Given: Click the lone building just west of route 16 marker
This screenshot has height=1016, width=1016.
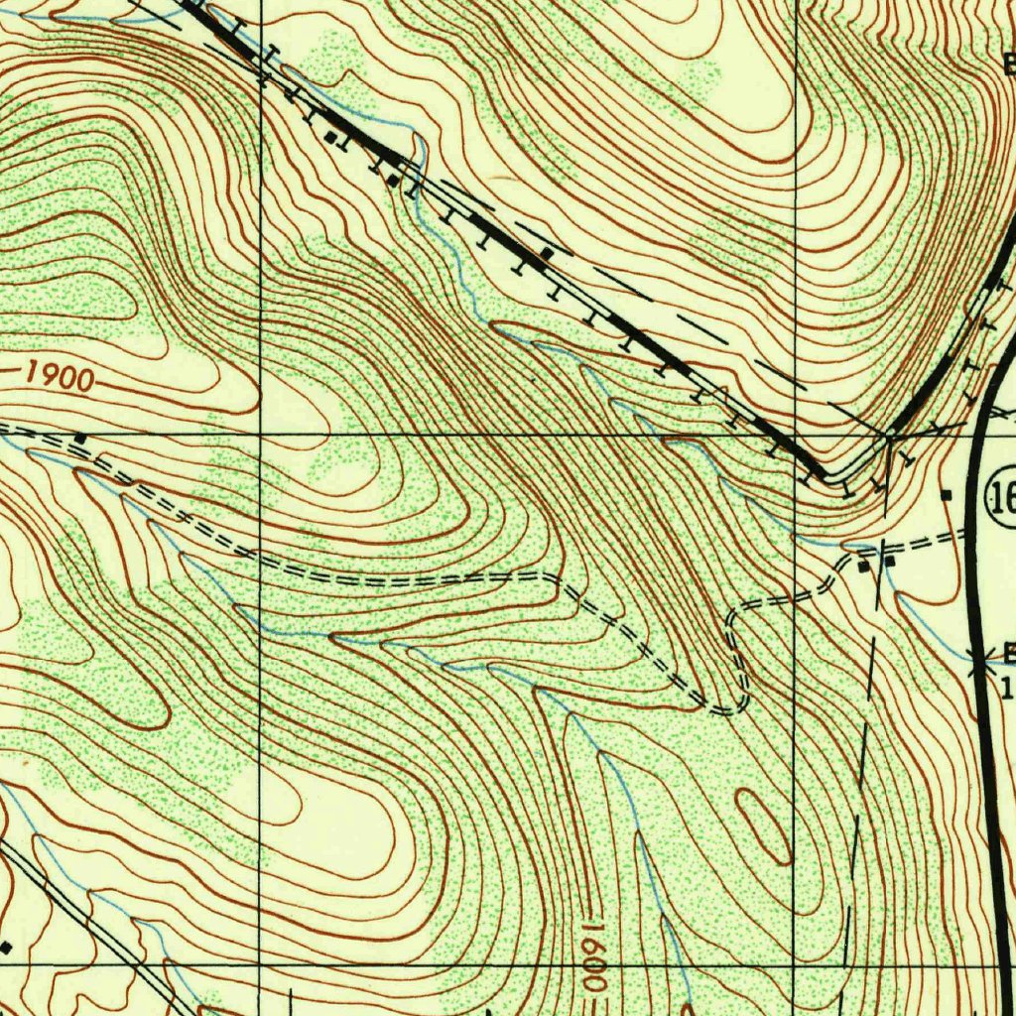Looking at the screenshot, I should (x=947, y=494).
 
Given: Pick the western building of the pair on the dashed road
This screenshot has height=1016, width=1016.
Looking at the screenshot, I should (x=864, y=566).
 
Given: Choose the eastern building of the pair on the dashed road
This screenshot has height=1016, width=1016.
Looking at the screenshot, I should (x=889, y=562).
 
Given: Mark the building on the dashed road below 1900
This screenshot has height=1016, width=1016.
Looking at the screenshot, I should (x=80, y=437).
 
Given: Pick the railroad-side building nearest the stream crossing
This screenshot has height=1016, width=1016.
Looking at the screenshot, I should (x=394, y=181).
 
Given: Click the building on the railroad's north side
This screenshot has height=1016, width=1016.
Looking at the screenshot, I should (x=546, y=256).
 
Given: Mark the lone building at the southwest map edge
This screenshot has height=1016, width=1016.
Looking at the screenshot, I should (x=6, y=947).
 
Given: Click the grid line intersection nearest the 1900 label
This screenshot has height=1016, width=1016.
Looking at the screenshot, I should (x=260, y=435).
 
